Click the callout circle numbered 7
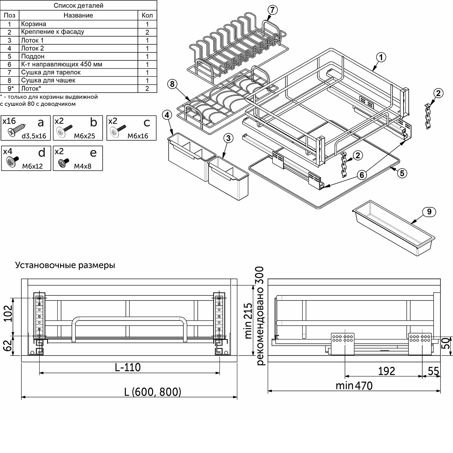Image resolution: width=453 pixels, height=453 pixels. coord(272,10)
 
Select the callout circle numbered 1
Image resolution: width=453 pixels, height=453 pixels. coord(381,57)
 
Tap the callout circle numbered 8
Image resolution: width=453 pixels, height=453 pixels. coord(172,84)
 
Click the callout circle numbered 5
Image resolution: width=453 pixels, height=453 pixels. coord(402,173)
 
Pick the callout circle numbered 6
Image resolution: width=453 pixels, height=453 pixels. coord(362,175)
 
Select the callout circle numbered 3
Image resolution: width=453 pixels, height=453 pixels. coord(228,138)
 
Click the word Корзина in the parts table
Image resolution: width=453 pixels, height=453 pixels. coord(34,24)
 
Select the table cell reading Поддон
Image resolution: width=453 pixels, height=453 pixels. coord(33,56)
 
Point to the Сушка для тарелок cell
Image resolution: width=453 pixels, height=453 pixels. coord(51,72)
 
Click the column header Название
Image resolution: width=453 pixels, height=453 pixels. coord(78,15)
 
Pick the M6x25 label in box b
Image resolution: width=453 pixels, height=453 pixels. coord(84,136)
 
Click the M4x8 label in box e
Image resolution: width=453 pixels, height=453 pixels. coord(83,166)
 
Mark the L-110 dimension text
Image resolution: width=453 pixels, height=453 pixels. coord(128,367)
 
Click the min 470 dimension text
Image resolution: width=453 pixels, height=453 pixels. coord(354,386)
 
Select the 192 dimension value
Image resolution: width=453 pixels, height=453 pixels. coord(387,371)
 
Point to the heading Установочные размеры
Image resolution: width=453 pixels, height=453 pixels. coord(65,265)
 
